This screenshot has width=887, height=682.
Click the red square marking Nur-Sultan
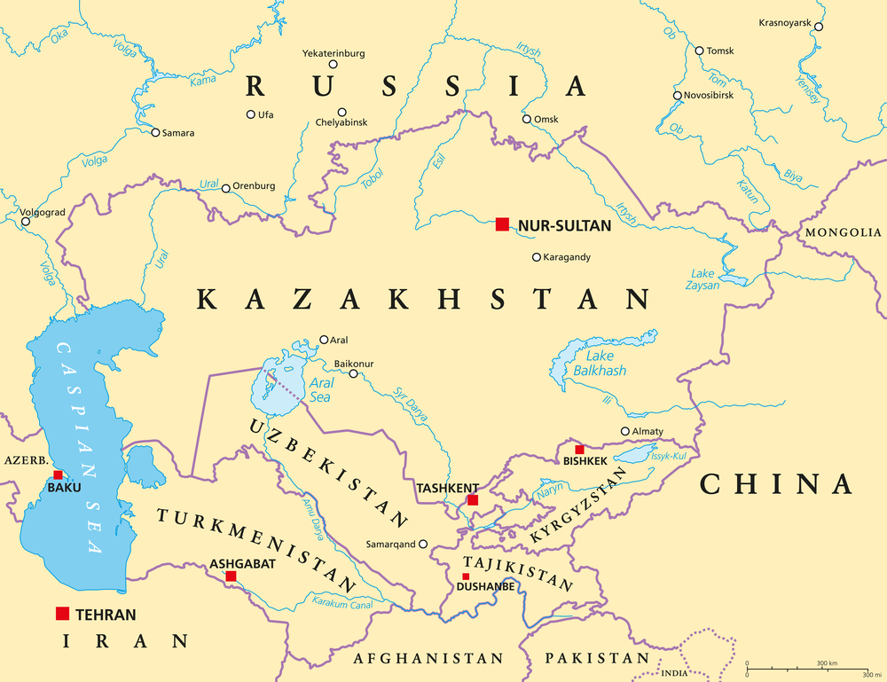503,225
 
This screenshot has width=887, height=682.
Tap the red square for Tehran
62,614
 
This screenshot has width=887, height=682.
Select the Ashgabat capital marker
231,576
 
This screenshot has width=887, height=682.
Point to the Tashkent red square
473,500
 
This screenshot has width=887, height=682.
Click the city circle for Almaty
625,432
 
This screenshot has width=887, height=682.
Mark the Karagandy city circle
536,257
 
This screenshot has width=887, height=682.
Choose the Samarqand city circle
423,545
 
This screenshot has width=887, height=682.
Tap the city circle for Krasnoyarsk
819,27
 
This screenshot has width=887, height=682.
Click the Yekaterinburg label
334,52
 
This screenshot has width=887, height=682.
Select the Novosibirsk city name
709,95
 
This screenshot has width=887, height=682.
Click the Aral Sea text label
320,390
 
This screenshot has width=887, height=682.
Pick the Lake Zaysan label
703,279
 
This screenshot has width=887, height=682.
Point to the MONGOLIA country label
843,232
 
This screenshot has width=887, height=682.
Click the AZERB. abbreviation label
24,462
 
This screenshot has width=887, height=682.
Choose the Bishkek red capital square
579,450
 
